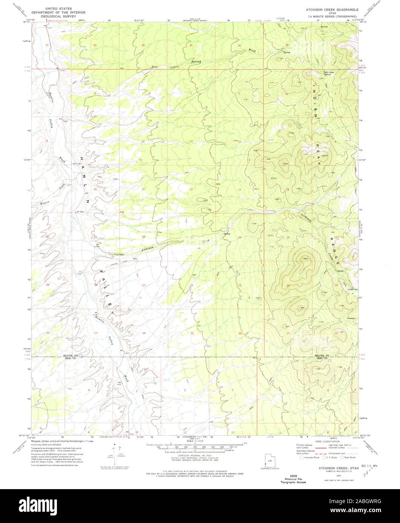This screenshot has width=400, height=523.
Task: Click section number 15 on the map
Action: pos(143,189)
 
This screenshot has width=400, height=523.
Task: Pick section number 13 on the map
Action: pos(239,189)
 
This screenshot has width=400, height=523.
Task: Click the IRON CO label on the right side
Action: pos(323,359)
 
